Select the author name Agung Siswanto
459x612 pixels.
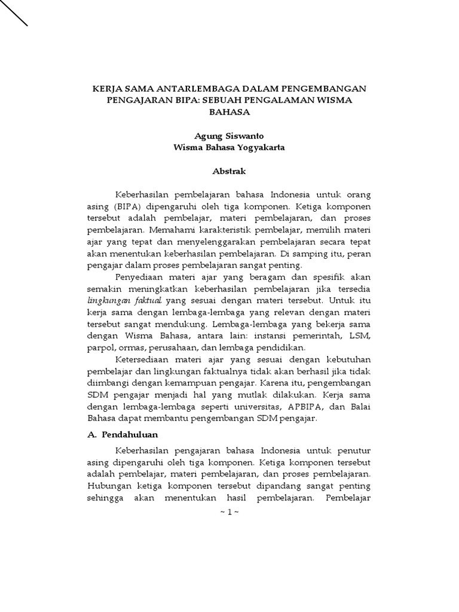229,136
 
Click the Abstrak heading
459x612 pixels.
229,172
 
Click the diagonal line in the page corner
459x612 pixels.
14,13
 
